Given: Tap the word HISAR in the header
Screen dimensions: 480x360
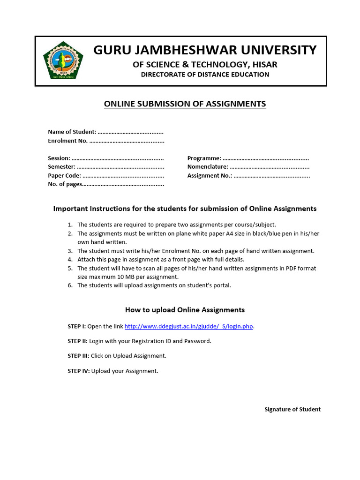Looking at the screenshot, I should pos(264,64).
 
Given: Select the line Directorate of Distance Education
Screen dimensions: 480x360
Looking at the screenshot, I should pos(205,75).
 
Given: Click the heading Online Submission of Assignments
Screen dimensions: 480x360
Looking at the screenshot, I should pos(185,104).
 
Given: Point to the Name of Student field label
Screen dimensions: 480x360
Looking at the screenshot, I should pos(72,132).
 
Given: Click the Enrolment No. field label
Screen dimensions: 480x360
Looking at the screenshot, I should pos(67,141).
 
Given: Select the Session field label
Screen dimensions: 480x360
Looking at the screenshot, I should pos(59,158).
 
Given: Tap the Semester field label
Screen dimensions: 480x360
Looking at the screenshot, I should pos(61,167).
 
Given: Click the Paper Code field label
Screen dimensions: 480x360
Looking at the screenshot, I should pos(64,176).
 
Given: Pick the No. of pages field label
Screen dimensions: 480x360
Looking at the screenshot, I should pos(65,184).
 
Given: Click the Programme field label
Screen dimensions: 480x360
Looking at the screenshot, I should pos(204,158).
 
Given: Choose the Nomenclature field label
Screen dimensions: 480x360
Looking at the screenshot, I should pos(208,167).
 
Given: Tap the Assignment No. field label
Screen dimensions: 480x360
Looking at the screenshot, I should pos(210,176).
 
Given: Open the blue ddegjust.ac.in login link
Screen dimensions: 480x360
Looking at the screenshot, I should pos(189,326).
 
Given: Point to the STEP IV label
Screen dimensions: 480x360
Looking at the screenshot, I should pos(78,371).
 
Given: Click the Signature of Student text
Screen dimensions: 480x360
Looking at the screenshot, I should pos(292,409).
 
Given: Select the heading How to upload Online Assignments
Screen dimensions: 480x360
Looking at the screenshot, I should pos(185,310).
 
